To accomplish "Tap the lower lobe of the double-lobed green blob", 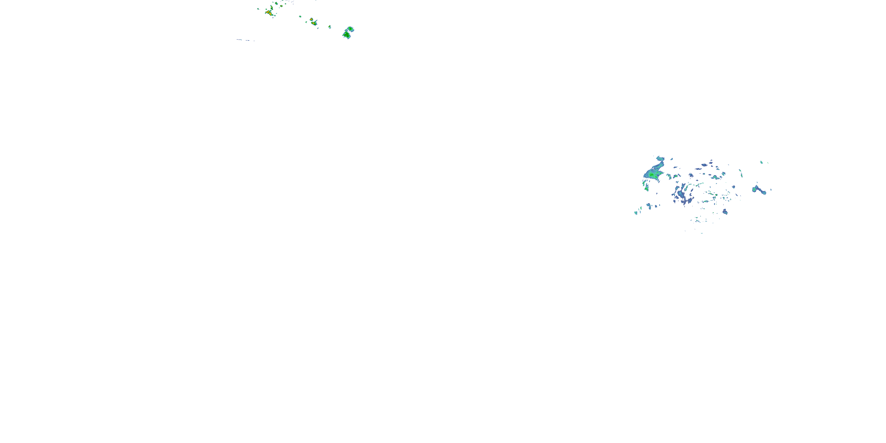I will (x=347, y=35).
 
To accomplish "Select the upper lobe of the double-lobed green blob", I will (x=350, y=29).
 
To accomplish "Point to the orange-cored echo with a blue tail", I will (x=313, y=23).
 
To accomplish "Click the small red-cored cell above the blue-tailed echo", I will (x=311, y=19).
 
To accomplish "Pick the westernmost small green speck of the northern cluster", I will (x=258, y=9).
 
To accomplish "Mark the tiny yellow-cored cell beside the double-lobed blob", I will (x=330, y=27).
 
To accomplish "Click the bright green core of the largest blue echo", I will (x=652, y=175).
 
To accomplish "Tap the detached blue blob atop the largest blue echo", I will (x=660, y=159).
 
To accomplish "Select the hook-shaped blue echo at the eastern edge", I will (x=759, y=190).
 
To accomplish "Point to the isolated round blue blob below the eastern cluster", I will (x=725, y=212).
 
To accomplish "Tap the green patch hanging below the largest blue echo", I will (x=646, y=188).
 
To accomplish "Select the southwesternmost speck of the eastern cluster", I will (x=636, y=213).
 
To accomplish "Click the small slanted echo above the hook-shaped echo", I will (x=761, y=162).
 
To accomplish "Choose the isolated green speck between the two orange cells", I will (x=300, y=16).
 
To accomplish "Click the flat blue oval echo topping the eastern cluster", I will (x=704, y=165).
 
